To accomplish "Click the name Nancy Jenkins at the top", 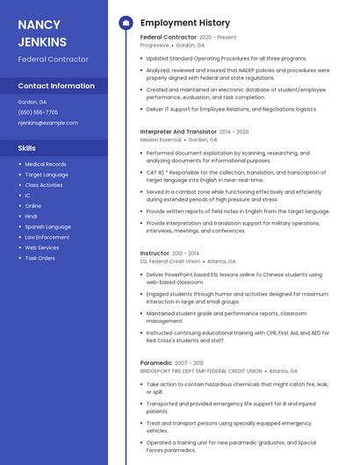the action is point(42,32).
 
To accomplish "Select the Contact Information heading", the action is point(56,86).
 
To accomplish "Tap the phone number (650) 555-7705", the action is point(38,112).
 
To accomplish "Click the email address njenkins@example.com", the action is point(47,123).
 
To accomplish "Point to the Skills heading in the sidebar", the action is point(26,147).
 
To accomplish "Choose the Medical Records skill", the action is point(45,164).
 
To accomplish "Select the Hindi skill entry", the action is point(31,216).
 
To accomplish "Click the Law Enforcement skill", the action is point(47,237).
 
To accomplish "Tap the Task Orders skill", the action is point(40,258).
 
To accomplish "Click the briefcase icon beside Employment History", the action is point(125,23).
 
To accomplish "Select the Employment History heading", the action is point(184,23).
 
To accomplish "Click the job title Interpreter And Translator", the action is point(177,132).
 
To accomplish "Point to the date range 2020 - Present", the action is point(218,38).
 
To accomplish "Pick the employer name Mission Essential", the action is point(161,139).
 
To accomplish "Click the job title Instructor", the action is point(155,253).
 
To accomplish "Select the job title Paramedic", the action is point(156,362).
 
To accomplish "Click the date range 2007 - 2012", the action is point(190,362).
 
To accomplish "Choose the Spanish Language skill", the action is point(47,226).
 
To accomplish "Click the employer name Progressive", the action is point(154,45).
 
